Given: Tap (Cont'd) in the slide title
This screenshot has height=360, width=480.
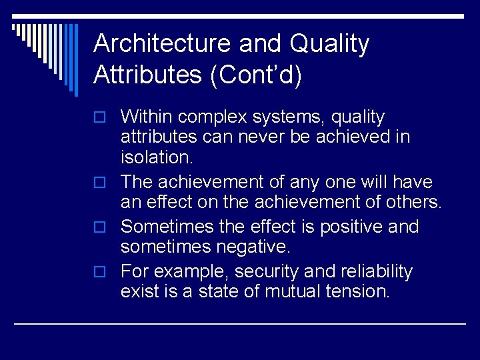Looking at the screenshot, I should (x=256, y=75).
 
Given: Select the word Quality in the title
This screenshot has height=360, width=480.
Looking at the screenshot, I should (x=329, y=44).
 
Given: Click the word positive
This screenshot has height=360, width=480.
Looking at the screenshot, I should (x=351, y=227).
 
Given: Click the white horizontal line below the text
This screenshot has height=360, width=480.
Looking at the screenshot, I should (x=240, y=323).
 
